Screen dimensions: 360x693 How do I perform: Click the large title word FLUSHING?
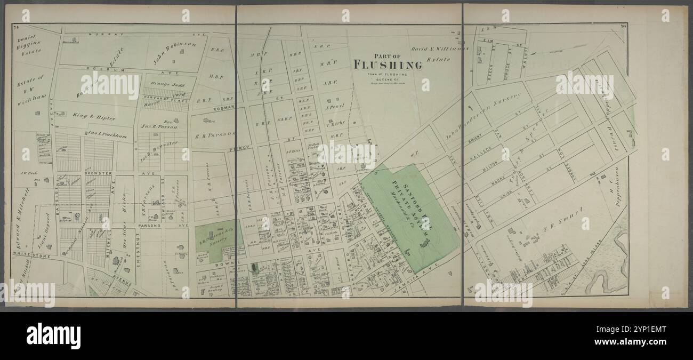388,66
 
